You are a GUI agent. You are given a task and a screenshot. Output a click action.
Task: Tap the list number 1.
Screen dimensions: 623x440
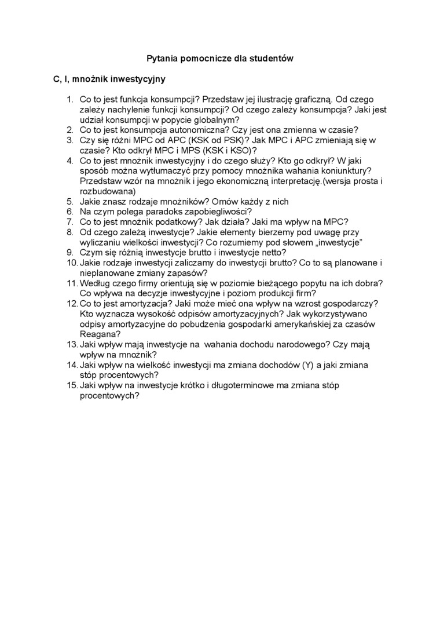tap(69, 100)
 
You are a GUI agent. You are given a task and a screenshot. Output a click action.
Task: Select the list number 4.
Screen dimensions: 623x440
tap(69, 161)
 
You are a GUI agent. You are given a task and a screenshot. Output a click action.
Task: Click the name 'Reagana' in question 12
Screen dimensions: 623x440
tap(98, 334)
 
